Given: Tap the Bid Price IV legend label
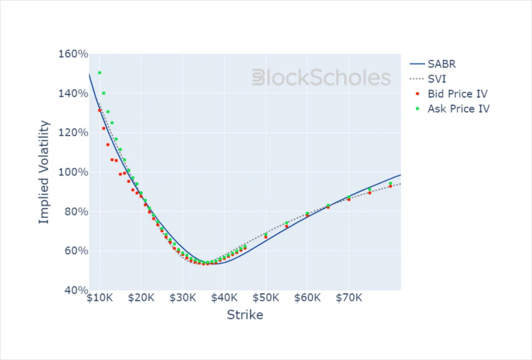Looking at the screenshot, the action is (x=458, y=94).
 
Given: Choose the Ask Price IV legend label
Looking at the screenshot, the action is (x=459, y=109).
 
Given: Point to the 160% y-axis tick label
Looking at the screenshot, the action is (x=73, y=54).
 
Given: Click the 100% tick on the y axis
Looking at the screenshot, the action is (x=73, y=172).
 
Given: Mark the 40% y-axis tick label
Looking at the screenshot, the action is (x=76, y=290).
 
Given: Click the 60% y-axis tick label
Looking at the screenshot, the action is (x=76, y=250).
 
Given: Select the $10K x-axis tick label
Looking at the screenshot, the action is (x=100, y=298).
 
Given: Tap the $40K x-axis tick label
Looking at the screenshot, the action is (x=224, y=298).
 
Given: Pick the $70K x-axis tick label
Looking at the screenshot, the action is (x=349, y=298).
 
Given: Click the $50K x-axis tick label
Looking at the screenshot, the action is (x=266, y=298).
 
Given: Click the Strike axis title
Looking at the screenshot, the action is (x=245, y=315).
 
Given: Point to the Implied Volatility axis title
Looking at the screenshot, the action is (x=44, y=172).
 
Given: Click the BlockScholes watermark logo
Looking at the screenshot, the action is (x=321, y=77).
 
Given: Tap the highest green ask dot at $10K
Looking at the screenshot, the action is (x=100, y=73).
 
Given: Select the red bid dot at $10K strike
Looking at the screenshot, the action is (x=100, y=110).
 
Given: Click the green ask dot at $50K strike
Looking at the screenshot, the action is (x=266, y=234).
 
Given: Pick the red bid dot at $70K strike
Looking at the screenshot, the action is (x=349, y=200).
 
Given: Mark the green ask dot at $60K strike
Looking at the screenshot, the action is (x=307, y=213).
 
